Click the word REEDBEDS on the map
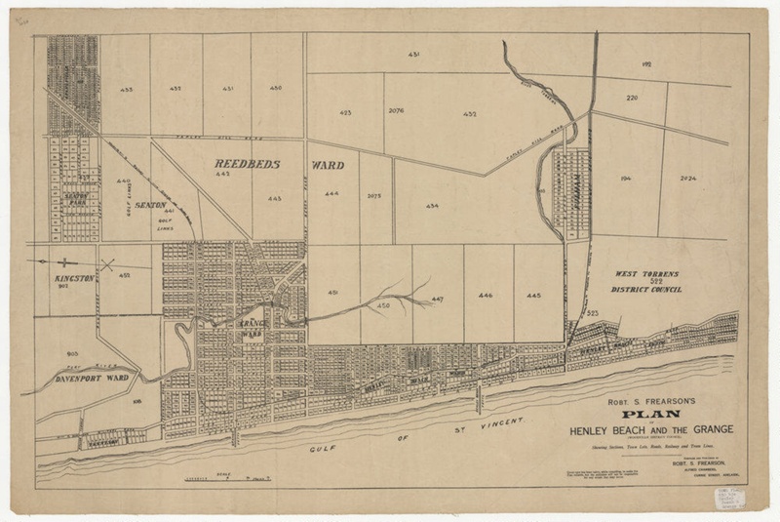(247, 165)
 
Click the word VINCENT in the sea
(503, 422)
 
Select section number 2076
(396, 112)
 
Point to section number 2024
(686, 179)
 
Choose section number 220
(632, 99)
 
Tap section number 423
(345, 113)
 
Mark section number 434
(432, 206)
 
